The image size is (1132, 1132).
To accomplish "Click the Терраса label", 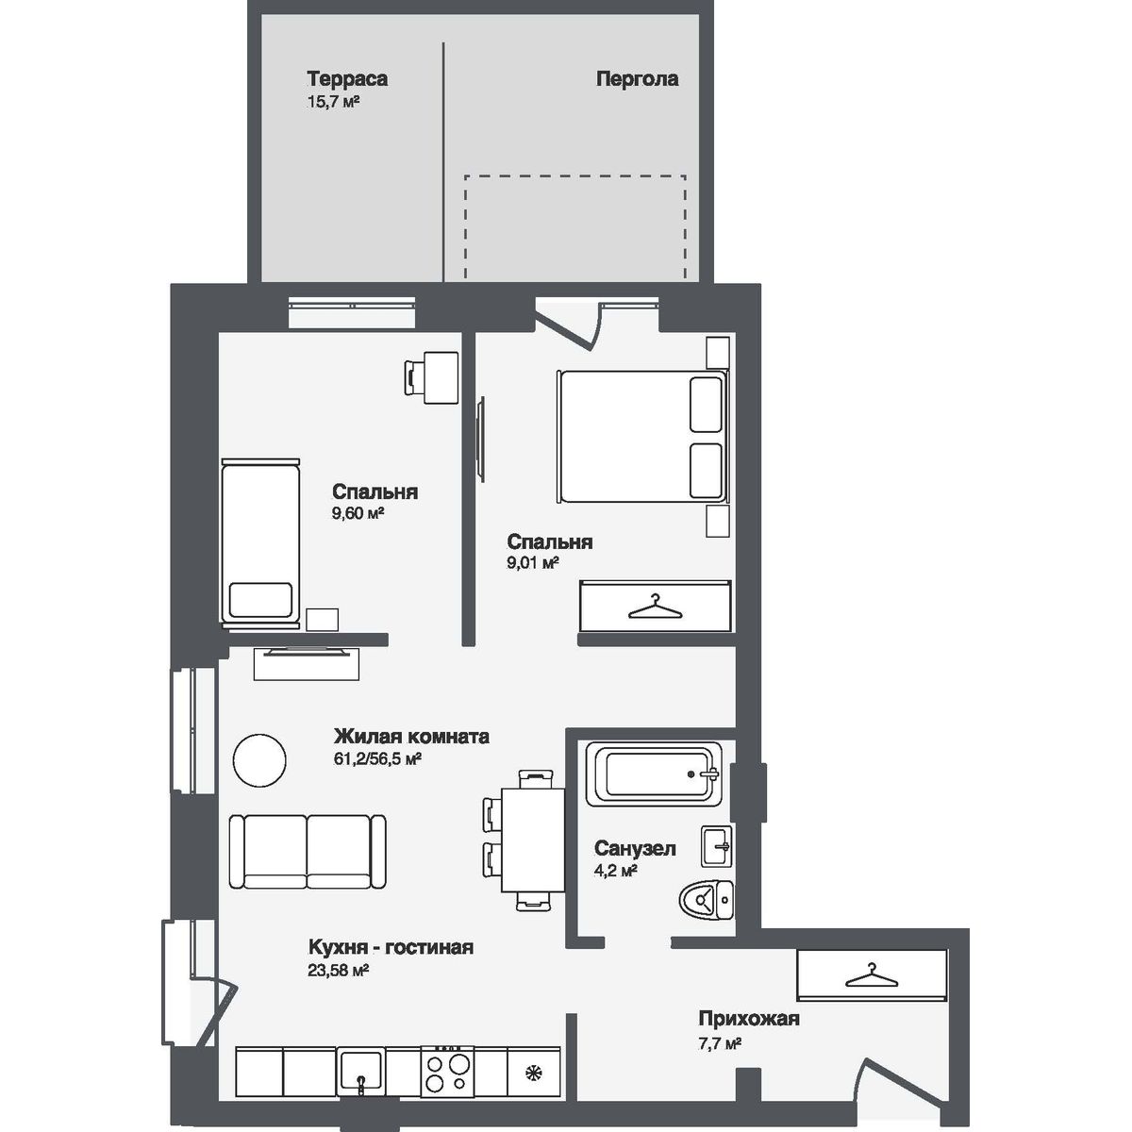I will tap(346, 79).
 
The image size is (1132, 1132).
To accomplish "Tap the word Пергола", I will tap(637, 79).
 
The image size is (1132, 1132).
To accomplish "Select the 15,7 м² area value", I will tap(334, 102).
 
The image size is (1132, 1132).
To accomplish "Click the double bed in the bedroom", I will tap(641, 436).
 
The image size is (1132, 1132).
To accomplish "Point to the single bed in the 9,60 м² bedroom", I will tap(260, 541).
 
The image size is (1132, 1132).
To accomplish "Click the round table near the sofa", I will tap(258, 760).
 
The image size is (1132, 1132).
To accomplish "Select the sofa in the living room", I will tap(308, 852).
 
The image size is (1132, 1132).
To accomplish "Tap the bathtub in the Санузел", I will tap(654, 774).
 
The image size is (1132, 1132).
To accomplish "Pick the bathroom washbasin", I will tap(717, 846).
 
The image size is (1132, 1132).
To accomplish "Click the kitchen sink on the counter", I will tap(360, 1072).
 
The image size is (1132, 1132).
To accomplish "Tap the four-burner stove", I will tap(447, 1071).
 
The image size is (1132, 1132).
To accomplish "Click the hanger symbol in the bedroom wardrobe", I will tap(655, 606).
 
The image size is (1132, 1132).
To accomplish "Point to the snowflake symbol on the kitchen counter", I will tap(534, 1072).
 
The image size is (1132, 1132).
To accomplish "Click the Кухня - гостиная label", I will tap(391, 948).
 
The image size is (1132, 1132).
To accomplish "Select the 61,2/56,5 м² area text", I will tap(376, 758).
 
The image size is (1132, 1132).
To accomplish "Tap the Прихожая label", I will tap(749, 1019).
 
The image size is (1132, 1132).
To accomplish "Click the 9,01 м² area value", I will tap(533, 563).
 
